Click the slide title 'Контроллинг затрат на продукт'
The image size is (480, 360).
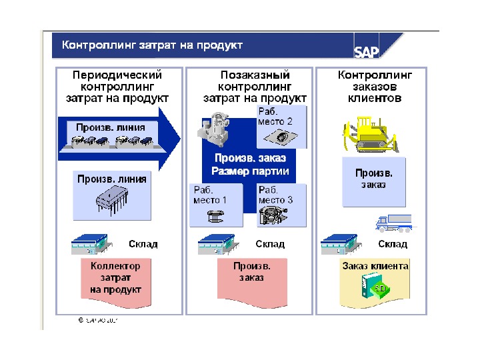[x=152, y=45]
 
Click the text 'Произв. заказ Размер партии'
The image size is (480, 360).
[x=250, y=165]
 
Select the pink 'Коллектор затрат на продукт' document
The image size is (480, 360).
[x=116, y=279]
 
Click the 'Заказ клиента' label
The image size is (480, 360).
[x=375, y=266]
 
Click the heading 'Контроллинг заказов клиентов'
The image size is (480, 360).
[x=375, y=87]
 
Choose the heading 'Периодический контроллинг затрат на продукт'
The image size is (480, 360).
[x=117, y=87]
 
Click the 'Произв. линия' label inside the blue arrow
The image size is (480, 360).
[x=107, y=127]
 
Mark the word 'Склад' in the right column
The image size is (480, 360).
[x=393, y=244]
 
